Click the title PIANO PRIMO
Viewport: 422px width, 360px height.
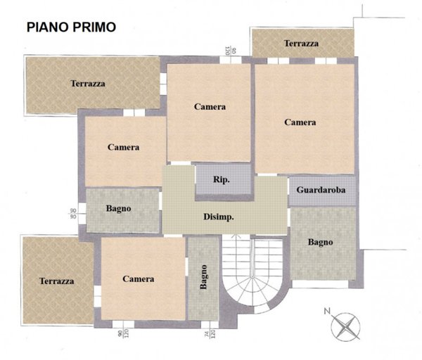tap(72, 27)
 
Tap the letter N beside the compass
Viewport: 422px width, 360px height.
tap(326, 310)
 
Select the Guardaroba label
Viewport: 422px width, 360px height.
tap(321, 190)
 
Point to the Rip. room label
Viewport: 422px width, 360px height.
tap(222, 179)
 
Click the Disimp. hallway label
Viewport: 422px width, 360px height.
tap(219, 217)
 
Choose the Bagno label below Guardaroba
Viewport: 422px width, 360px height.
tap(320, 242)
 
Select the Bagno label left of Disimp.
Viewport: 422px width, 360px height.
tap(119, 208)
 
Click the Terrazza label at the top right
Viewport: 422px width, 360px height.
tap(301, 44)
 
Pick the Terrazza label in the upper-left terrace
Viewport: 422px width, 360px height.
tap(88, 83)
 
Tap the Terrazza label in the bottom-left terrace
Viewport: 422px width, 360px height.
tap(57, 281)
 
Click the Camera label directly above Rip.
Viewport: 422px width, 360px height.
tap(210, 107)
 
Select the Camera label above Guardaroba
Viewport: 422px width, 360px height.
tap(300, 122)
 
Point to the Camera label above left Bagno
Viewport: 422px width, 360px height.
tap(124, 148)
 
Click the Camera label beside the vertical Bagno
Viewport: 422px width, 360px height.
tap(139, 279)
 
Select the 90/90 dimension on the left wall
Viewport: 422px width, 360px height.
tap(73, 214)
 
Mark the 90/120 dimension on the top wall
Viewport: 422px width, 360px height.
tap(227, 50)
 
